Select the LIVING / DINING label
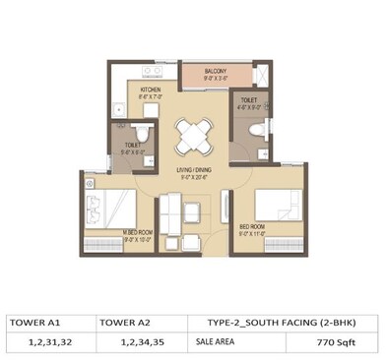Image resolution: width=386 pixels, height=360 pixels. [192, 170]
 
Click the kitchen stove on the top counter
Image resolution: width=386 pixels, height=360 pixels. [153, 71]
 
